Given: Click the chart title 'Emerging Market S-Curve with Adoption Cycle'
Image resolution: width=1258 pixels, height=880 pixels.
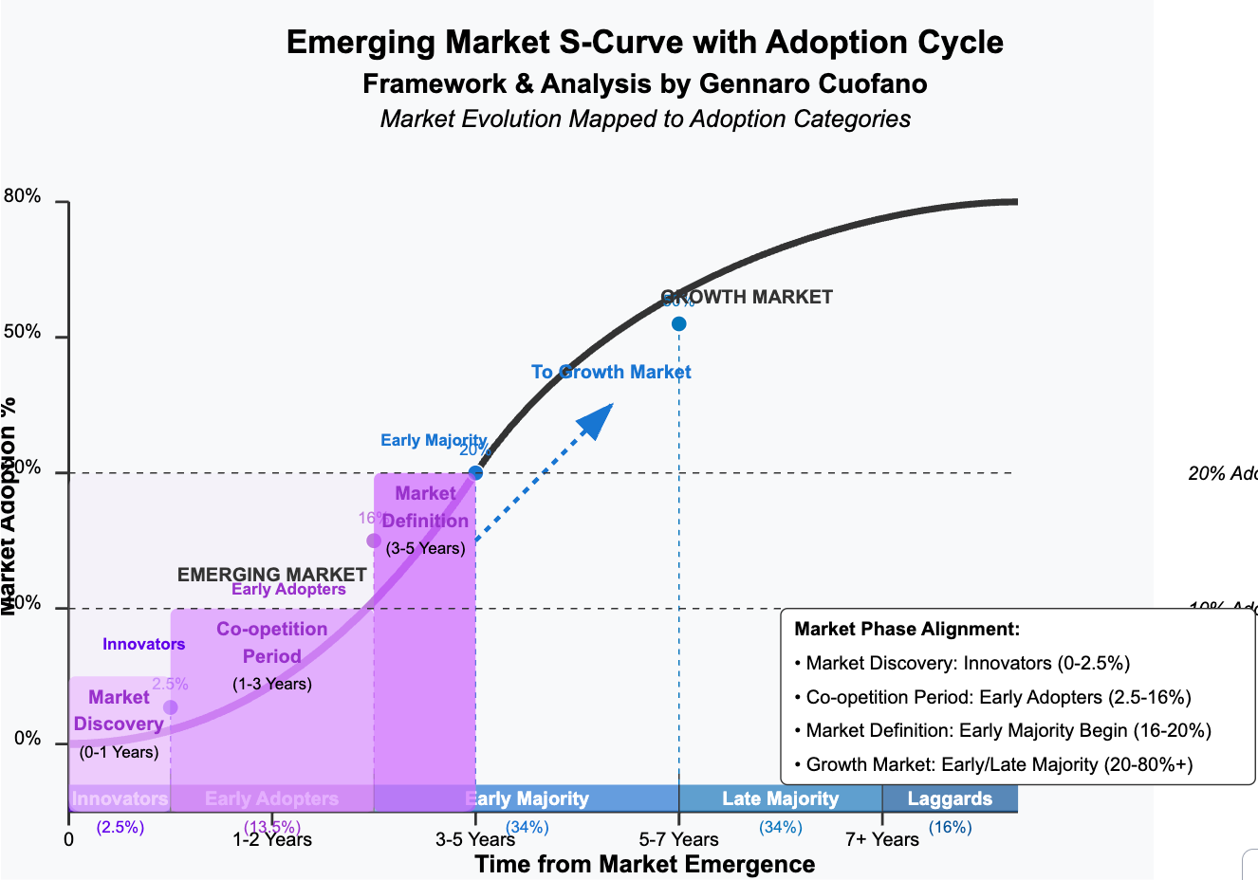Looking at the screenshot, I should click(644, 43).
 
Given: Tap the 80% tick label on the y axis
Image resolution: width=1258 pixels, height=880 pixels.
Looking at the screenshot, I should click(23, 197).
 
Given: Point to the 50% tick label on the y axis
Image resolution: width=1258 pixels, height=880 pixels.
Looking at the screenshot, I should click(23, 333).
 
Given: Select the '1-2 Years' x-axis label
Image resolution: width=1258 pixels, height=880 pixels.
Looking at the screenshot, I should click(272, 839).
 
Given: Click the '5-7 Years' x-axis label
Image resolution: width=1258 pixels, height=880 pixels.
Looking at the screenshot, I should click(678, 839).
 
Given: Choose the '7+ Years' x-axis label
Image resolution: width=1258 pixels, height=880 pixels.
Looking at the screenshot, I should click(882, 839).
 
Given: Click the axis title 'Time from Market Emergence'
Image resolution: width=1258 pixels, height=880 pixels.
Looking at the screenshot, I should click(644, 864).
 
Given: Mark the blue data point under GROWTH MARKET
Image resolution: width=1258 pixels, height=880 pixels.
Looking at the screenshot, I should click(678, 324).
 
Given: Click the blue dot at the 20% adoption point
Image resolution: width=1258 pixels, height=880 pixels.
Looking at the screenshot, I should click(475, 472).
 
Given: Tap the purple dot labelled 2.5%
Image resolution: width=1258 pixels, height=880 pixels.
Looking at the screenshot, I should click(171, 707).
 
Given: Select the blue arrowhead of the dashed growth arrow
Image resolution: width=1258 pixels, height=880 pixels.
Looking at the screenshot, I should click(599, 418).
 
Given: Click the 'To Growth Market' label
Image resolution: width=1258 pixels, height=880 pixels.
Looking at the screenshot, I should click(611, 373).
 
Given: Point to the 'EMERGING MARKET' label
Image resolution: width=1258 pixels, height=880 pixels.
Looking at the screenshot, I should click(271, 575).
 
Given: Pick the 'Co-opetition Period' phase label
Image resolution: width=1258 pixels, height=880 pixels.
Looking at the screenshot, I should click(272, 642).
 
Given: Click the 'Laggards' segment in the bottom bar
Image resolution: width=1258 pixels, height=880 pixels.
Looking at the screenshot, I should click(950, 798).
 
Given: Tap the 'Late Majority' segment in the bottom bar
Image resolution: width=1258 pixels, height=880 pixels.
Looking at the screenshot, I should click(780, 798).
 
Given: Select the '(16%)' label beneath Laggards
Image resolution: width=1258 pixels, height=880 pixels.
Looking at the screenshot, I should click(950, 828).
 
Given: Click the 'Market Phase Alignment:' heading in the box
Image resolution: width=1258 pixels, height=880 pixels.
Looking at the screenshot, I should click(906, 629).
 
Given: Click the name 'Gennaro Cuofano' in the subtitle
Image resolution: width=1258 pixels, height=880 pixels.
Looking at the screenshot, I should click(813, 83).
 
